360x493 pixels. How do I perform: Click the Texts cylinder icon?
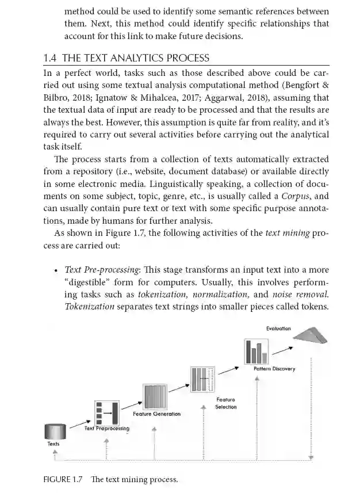pyautogui.click(x=55, y=431)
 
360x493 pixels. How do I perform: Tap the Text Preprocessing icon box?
pyautogui.click(x=106, y=412)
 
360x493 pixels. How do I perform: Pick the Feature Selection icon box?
pyautogui.click(x=202, y=379)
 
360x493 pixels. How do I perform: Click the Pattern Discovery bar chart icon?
pyautogui.click(x=256, y=351)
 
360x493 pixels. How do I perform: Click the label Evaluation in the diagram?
pyautogui.click(x=278, y=328)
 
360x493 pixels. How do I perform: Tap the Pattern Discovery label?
pyautogui.click(x=274, y=369)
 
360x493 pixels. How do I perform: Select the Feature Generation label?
pyautogui.click(x=156, y=414)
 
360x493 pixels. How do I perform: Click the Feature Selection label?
pyautogui.click(x=226, y=403)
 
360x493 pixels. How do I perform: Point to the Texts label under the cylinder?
pyautogui.click(x=53, y=444)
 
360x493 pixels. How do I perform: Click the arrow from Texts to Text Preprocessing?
pyautogui.click(x=79, y=425)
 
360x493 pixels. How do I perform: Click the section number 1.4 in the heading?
pyautogui.click(x=50, y=58)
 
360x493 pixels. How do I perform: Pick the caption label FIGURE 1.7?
pyautogui.click(x=63, y=479)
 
